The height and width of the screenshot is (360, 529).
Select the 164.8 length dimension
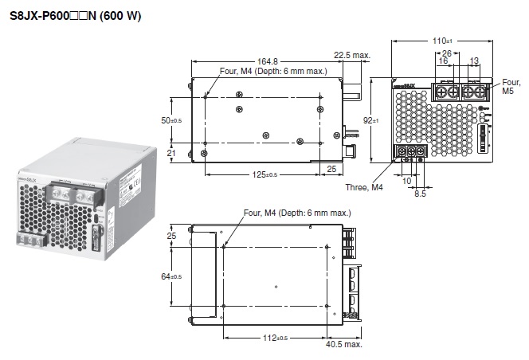(268, 61)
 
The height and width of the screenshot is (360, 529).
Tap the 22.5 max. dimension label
(352, 55)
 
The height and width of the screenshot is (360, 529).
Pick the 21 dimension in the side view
(170, 153)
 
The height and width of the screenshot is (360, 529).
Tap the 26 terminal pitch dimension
(446, 54)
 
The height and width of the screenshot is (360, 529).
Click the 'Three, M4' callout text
(363, 187)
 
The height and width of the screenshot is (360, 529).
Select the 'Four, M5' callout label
(511, 87)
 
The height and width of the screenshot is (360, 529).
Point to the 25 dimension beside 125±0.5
(331, 169)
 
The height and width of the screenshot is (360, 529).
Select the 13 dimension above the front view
(474, 61)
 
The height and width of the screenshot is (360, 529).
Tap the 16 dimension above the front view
(443, 61)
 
